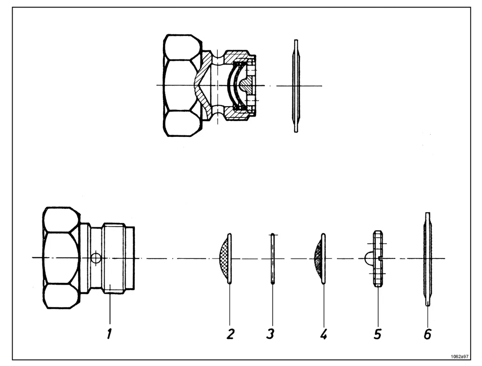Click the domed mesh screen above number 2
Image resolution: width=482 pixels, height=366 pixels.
click(x=224, y=258)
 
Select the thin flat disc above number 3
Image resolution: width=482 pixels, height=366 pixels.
click(x=272, y=258)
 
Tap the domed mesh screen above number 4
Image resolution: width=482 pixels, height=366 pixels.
click(x=320, y=258)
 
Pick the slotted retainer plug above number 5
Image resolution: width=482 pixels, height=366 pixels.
click(x=378, y=258)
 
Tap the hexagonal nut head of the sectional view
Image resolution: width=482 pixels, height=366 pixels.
click(x=181, y=85)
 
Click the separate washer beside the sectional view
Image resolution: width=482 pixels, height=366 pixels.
click(x=296, y=86)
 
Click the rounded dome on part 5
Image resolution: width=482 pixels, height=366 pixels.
click(x=369, y=258)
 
